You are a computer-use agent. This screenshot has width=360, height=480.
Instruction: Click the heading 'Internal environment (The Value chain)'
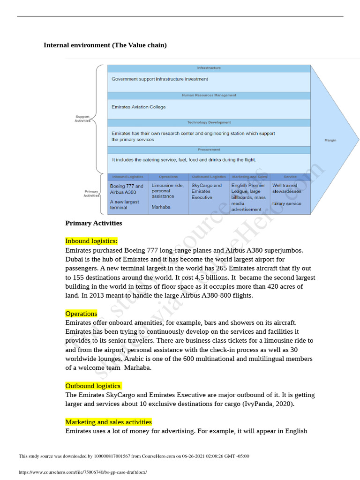click(105, 45)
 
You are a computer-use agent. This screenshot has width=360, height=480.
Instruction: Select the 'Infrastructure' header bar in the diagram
click(209, 68)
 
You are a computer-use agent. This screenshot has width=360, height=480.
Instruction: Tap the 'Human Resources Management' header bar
click(209, 95)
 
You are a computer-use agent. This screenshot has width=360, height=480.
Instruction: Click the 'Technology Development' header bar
click(209, 122)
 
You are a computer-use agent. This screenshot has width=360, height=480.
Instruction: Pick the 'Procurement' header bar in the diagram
click(209, 150)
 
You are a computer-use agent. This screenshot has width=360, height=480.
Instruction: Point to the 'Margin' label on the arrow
click(330, 140)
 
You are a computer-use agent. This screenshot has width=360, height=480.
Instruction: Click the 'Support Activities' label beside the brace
click(82, 119)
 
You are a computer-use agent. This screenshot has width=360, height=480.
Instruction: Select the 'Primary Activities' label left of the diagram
click(91, 194)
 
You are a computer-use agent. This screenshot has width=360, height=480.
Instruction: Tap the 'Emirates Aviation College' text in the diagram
click(138, 107)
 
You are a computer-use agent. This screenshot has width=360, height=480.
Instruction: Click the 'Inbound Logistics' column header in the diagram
click(128, 177)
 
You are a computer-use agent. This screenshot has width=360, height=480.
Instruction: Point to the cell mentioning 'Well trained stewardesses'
click(290, 195)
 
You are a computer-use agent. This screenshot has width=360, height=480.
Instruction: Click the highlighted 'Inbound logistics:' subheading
click(91, 241)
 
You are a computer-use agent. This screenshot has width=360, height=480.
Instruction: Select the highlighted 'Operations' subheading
click(82, 314)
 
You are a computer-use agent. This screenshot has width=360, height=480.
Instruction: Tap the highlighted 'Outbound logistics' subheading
click(93, 386)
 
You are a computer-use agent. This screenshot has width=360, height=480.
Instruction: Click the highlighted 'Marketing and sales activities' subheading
click(108, 422)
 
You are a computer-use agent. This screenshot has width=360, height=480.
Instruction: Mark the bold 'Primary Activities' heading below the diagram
click(94, 223)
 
